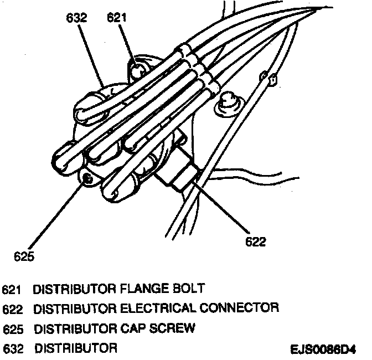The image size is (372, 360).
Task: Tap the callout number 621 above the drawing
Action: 116,18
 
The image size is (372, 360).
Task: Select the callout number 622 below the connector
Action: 255,241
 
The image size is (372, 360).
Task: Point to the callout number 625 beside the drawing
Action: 24,256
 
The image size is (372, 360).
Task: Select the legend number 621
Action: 13,289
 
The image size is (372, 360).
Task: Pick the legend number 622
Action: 13,308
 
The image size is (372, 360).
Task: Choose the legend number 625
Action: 13,328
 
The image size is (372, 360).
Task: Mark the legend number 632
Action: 13,348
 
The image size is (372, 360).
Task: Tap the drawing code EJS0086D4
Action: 323,350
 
